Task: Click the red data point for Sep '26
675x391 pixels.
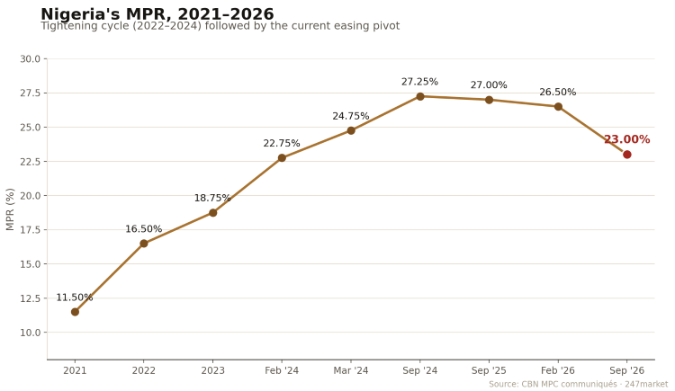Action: [x=626, y=155]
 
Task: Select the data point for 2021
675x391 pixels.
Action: [x=75, y=312]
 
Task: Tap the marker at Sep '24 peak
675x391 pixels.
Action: [x=420, y=96]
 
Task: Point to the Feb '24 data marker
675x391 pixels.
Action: [x=282, y=158]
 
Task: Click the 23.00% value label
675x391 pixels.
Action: [x=626, y=139]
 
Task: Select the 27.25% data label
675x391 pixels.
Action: [x=419, y=82]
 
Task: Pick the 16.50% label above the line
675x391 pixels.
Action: [x=144, y=229]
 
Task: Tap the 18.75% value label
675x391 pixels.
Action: [x=212, y=198]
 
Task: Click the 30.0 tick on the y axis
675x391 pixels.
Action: [x=30, y=59]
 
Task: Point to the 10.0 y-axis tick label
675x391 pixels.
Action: [x=30, y=333]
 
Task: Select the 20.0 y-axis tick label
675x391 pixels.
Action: [x=30, y=196]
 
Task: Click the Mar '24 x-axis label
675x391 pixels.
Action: [x=351, y=370]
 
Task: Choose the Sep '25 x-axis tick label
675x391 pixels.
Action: [x=489, y=370]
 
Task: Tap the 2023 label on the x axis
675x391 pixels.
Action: [x=212, y=370]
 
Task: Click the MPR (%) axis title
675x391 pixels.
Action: [x=10, y=209]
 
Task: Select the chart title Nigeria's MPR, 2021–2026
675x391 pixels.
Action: [x=157, y=13]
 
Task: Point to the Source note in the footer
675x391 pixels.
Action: [x=578, y=384]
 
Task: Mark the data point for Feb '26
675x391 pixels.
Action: [x=558, y=107]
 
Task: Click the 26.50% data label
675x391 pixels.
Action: [x=557, y=92]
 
